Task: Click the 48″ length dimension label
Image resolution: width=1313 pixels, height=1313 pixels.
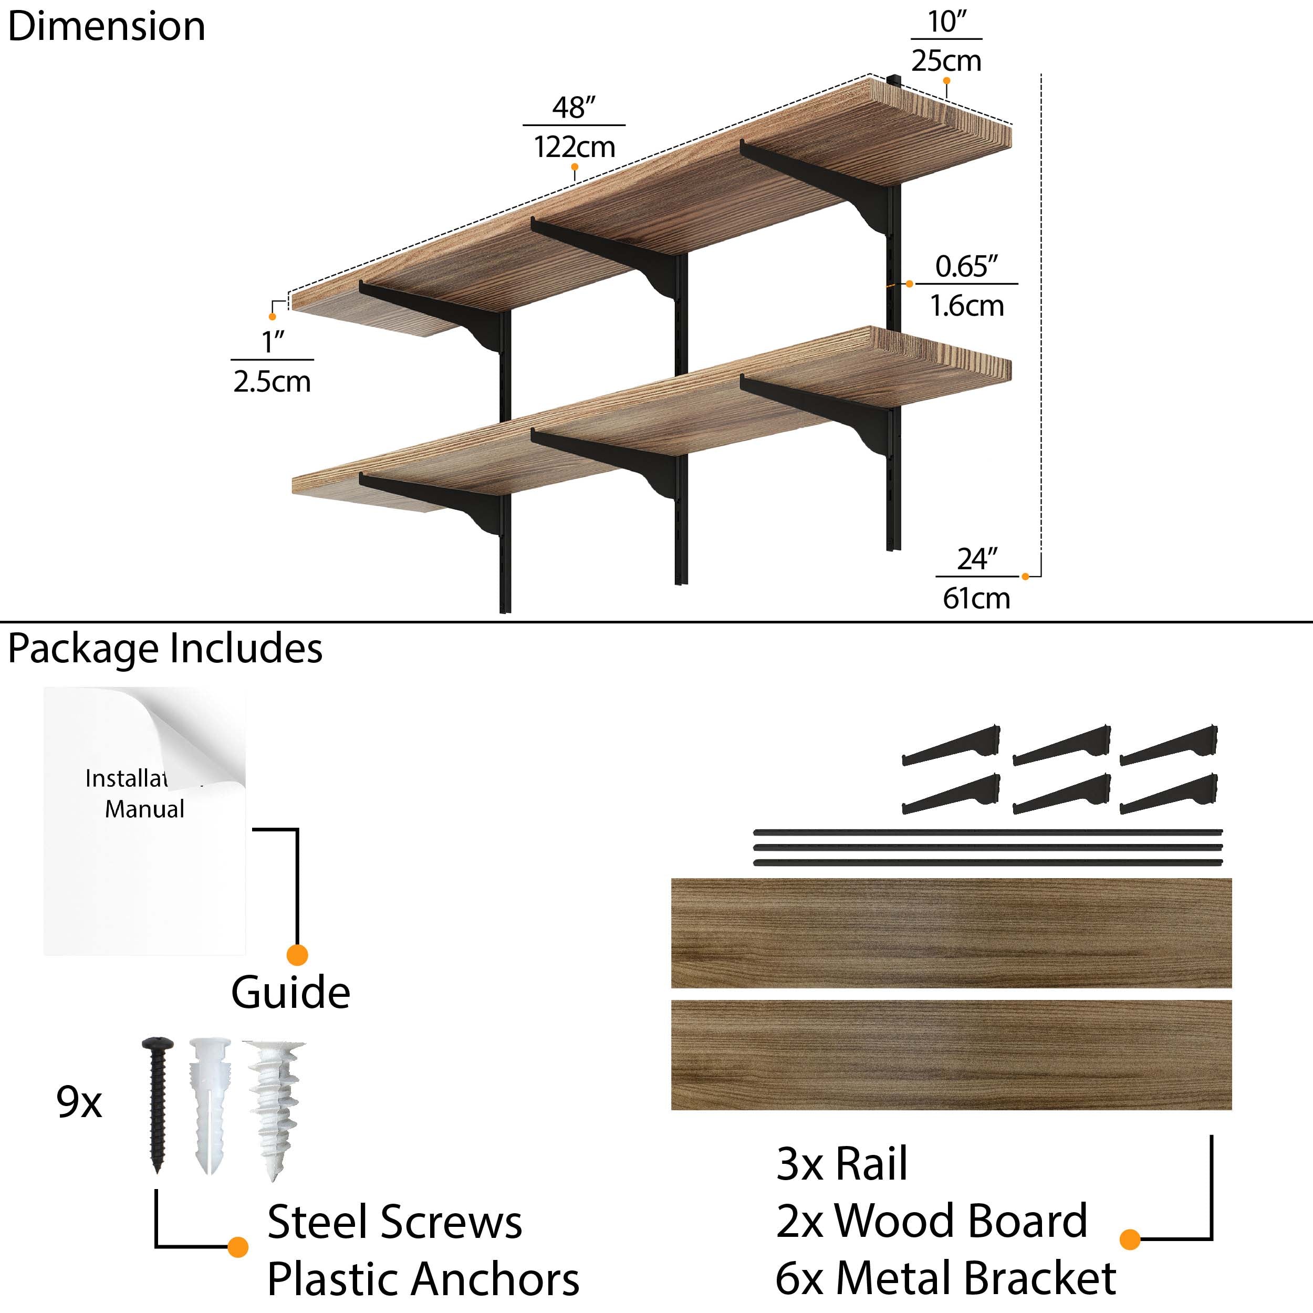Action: point(573,107)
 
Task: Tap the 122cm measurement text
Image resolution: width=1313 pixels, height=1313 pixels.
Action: point(574,147)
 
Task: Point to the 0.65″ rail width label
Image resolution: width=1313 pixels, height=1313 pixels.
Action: point(966,266)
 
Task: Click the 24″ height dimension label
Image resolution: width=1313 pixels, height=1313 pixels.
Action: point(976,559)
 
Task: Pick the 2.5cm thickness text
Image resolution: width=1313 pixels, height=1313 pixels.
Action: point(272,381)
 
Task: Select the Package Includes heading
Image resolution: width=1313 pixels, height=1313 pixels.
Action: point(165,648)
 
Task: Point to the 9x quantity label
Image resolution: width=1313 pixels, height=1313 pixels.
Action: point(79,1102)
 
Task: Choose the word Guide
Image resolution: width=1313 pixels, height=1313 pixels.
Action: point(290,992)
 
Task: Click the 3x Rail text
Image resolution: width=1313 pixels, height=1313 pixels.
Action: point(841,1163)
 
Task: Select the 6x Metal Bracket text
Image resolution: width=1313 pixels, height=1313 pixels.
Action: point(945,1278)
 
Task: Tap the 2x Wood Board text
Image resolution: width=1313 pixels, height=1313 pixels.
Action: point(932,1221)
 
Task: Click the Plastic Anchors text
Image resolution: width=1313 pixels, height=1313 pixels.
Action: point(423,1279)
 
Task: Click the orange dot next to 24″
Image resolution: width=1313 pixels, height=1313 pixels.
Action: point(1025,576)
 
